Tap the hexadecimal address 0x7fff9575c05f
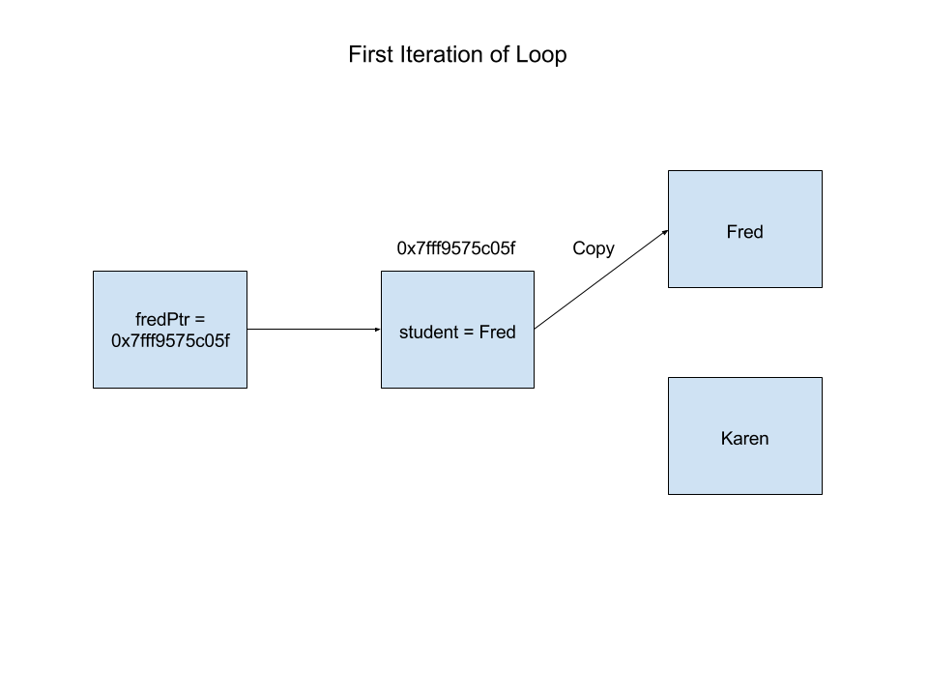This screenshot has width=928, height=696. [x=170, y=341]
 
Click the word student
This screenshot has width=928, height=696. [x=428, y=333]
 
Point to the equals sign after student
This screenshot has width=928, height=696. [x=469, y=333]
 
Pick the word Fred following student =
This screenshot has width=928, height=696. [x=498, y=333]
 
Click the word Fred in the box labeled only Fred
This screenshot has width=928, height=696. [x=744, y=232]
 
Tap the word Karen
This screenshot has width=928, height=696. [x=744, y=439]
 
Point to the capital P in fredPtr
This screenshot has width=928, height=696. [x=169, y=320]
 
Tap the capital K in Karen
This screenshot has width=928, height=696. [x=727, y=439]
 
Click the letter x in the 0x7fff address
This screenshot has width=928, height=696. [x=125, y=341]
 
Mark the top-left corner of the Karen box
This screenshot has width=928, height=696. [x=670, y=379]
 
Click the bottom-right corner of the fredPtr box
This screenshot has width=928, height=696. [x=246, y=387]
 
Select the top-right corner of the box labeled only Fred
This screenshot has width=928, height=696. [x=821, y=172]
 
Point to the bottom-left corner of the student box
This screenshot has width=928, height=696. [x=383, y=387]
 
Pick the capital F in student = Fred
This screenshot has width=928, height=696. [x=484, y=333]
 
